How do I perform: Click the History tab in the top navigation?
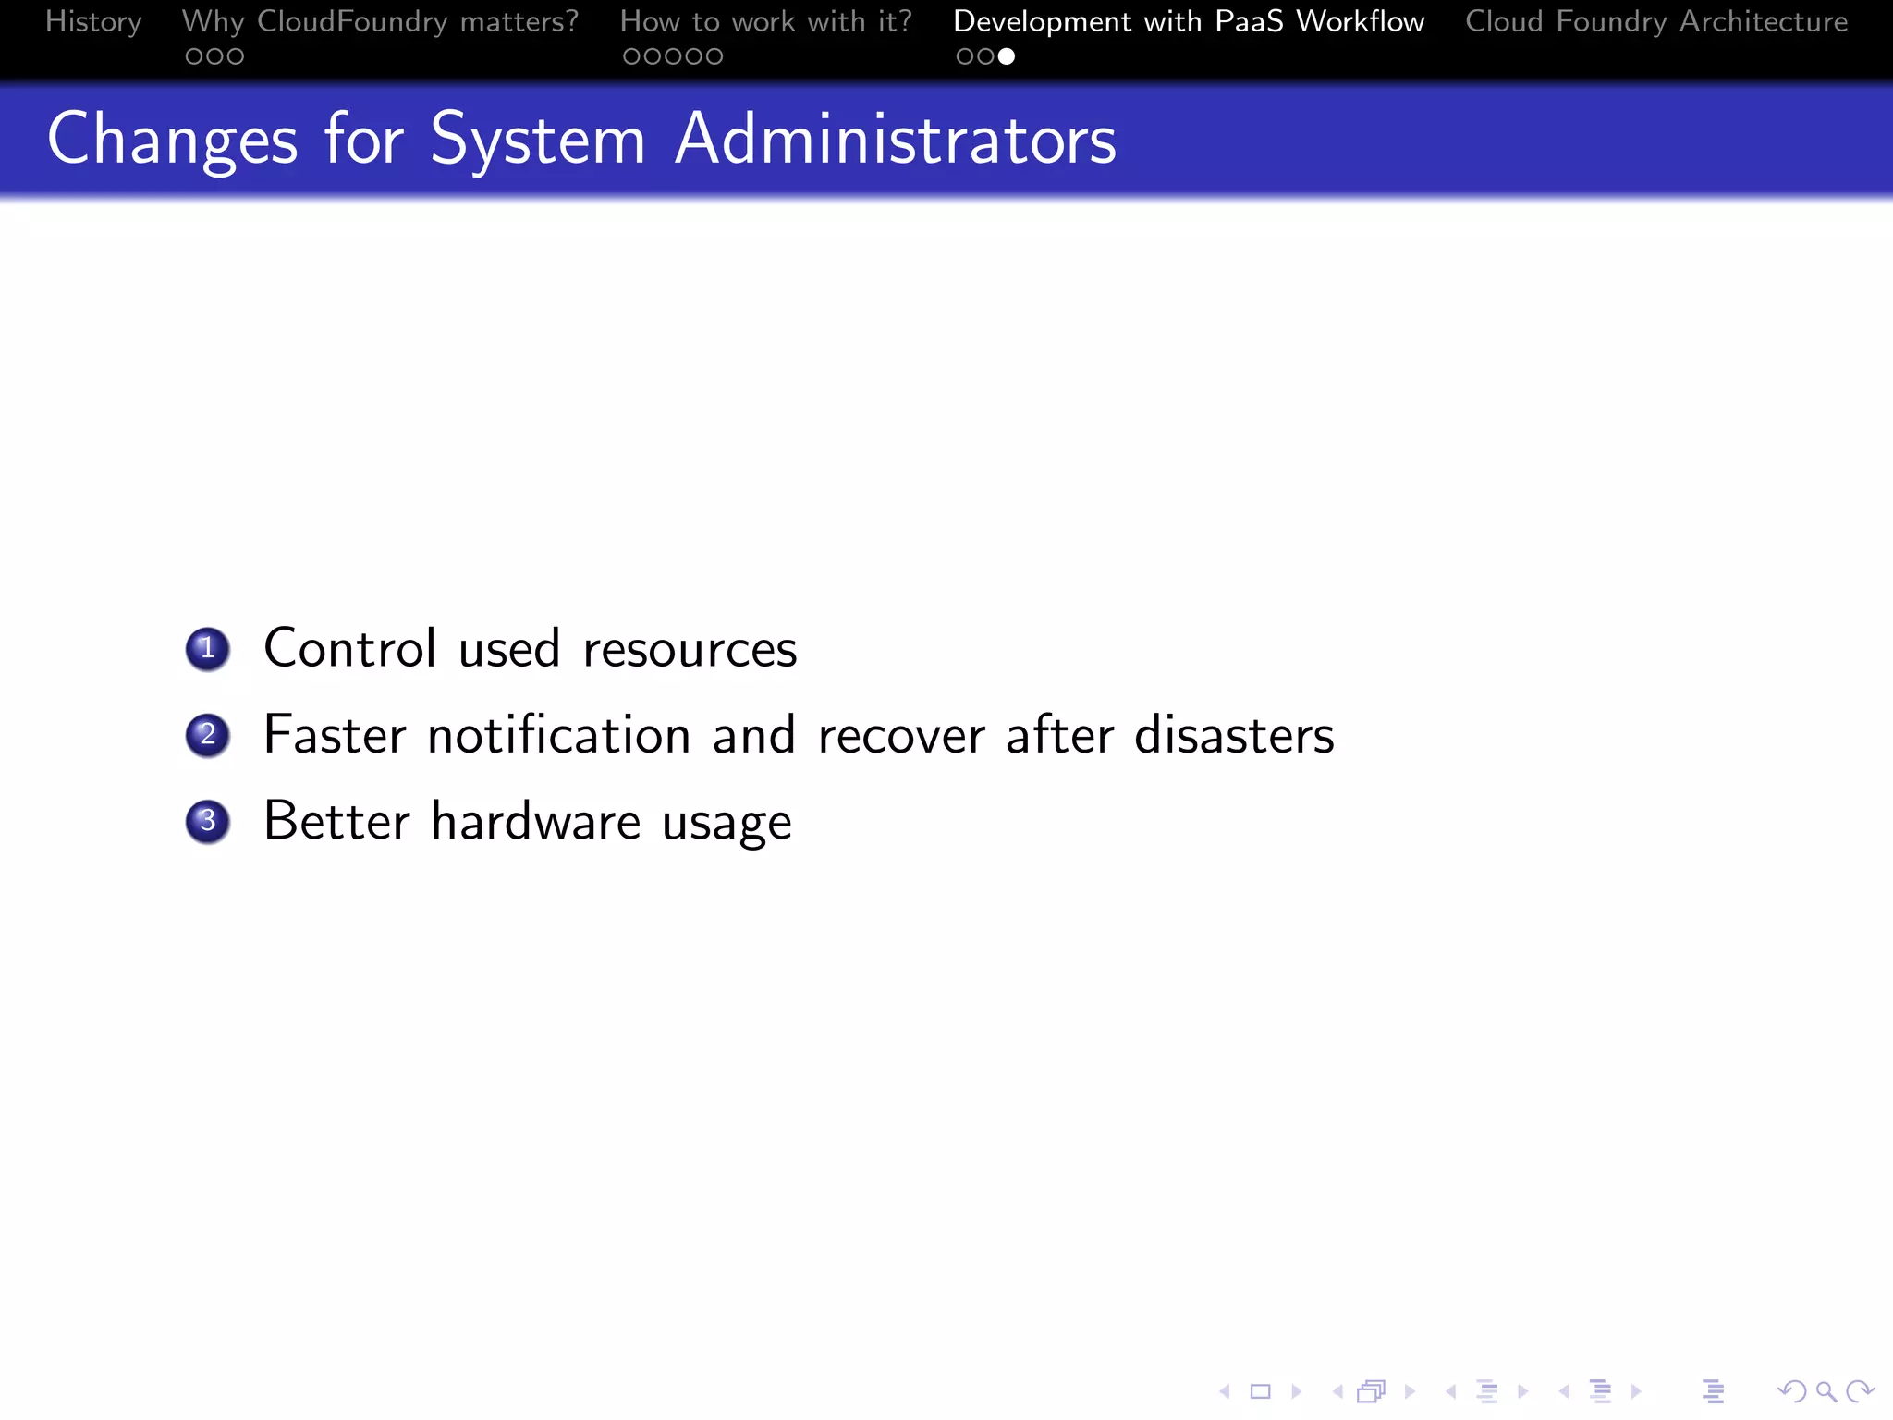[x=93, y=21]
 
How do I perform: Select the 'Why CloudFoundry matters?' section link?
[x=380, y=21]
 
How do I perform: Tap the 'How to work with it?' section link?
[x=765, y=21]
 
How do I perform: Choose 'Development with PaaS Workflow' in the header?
[x=1189, y=21]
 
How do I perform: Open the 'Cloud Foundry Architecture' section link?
[x=1656, y=21]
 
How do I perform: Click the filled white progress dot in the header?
[x=1007, y=56]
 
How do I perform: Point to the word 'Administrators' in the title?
[x=895, y=140]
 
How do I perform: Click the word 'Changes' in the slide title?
[x=173, y=140]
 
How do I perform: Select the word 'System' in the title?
[x=538, y=140]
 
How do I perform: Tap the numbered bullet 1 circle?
[x=208, y=649]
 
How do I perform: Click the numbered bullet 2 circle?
[x=208, y=736]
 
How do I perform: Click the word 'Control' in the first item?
[x=349, y=648]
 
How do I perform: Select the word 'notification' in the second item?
[x=559, y=735]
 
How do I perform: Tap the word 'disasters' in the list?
[x=1234, y=735]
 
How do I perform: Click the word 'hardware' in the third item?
[x=536, y=821]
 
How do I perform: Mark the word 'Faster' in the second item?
[x=335, y=735]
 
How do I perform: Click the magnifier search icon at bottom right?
[x=1826, y=1391]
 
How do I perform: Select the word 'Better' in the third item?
[x=336, y=821]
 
